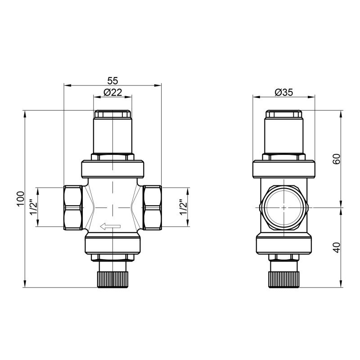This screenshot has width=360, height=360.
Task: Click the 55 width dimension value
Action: pos(112,81)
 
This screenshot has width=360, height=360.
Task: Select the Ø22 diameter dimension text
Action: pos(112,92)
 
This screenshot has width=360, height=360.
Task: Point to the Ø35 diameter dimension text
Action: pos(283,92)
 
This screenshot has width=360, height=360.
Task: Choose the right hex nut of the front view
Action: pos(152,207)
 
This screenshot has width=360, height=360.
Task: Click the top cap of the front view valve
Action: pos(112,115)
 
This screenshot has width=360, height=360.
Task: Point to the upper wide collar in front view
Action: pos(112,168)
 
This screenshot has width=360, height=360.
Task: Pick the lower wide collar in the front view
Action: pos(112,243)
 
